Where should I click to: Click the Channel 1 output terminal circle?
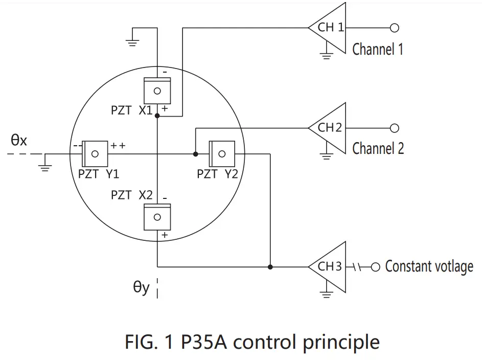[x=394, y=28]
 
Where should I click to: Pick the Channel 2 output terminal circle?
[x=394, y=128]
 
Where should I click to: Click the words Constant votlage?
[x=429, y=266]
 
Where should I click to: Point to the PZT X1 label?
[x=131, y=110]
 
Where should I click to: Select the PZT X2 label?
[x=131, y=195]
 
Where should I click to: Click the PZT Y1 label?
[x=99, y=174]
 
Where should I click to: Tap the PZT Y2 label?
[x=217, y=174]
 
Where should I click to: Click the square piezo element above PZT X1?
[x=157, y=91]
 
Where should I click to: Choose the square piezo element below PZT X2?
[x=157, y=216]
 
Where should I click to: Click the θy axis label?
[x=141, y=288]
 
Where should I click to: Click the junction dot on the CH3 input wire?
[x=270, y=266]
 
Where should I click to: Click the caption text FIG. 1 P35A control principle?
[x=252, y=341]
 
